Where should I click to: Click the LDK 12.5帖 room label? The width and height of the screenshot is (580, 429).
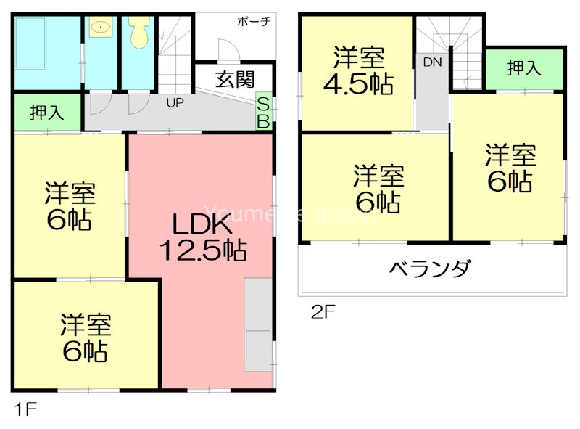tap(202, 237)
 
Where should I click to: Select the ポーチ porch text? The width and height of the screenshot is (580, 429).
tap(253, 22)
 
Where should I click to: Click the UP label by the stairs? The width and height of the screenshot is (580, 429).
tap(175, 103)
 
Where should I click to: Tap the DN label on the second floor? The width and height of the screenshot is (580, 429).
tap(433, 62)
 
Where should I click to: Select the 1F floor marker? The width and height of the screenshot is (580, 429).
tap(24, 408)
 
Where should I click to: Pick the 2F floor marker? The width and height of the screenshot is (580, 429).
tap(323, 312)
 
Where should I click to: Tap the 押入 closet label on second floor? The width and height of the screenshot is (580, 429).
tap(524, 68)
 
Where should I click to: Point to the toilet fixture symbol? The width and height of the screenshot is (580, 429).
tap(138, 33)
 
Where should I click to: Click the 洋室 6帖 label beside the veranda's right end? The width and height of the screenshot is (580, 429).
tap(510, 168)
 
